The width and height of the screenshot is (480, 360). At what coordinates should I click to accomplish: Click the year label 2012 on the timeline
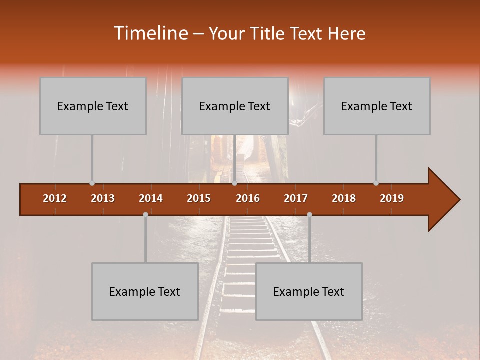tap(55, 198)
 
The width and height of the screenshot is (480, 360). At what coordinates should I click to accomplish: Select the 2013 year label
tap(103, 198)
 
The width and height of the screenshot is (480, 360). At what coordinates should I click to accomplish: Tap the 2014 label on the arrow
tap(151, 198)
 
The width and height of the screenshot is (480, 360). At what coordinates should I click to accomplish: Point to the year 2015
tap(199, 198)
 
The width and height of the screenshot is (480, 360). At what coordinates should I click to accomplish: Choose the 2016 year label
tap(248, 198)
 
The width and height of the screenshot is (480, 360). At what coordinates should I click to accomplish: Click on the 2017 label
tap(296, 198)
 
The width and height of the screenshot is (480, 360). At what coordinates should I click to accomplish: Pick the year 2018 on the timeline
tap(344, 198)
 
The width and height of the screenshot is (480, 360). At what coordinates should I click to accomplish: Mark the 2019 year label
tap(392, 198)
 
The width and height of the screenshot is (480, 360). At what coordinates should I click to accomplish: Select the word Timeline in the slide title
tap(150, 33)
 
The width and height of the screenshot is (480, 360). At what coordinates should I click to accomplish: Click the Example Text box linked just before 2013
tap(93, 106)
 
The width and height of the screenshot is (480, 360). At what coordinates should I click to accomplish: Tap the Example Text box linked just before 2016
tap(235, 106)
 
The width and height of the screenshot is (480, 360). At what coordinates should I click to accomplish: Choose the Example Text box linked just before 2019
tap(377, 106)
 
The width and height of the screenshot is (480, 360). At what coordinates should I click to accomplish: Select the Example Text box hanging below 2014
tap(145, 291)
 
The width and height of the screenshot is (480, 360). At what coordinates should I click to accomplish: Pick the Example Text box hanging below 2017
tap(309, 291)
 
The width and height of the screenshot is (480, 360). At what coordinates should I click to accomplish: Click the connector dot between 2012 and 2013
tap(92, 183)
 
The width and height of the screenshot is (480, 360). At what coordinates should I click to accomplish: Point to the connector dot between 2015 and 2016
tap(234, 183)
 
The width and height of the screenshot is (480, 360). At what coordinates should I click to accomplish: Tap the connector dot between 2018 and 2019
tap(376, 183)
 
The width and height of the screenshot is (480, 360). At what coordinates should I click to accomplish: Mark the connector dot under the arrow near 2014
tap(145, 214)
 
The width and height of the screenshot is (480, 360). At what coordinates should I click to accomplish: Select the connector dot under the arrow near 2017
tap(309, 214)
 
